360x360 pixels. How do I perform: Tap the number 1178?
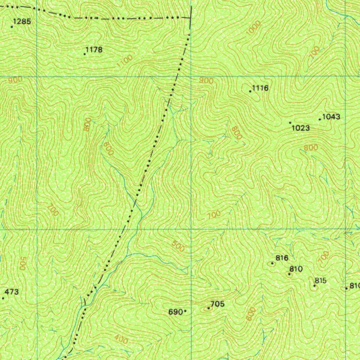(94, 50)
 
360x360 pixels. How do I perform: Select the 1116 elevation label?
(261, 88)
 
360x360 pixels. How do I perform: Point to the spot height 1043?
(331, 117)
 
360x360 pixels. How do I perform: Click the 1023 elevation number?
(301, 128)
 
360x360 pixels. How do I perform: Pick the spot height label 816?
(282, 258)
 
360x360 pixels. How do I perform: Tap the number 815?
(321, 281)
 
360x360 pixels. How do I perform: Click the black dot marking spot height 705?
(209, 308)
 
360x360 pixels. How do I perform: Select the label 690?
(176, 311)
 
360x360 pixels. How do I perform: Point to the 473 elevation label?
(12, 292)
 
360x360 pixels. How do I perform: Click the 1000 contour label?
(253, 28)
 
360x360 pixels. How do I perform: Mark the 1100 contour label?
(125, 62)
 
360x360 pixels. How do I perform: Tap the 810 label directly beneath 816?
(296, 269)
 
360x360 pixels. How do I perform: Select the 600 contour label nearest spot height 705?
(250, 314)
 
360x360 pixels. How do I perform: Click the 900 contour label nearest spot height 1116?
(206, 81)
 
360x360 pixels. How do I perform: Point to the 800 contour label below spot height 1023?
(311, 148)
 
